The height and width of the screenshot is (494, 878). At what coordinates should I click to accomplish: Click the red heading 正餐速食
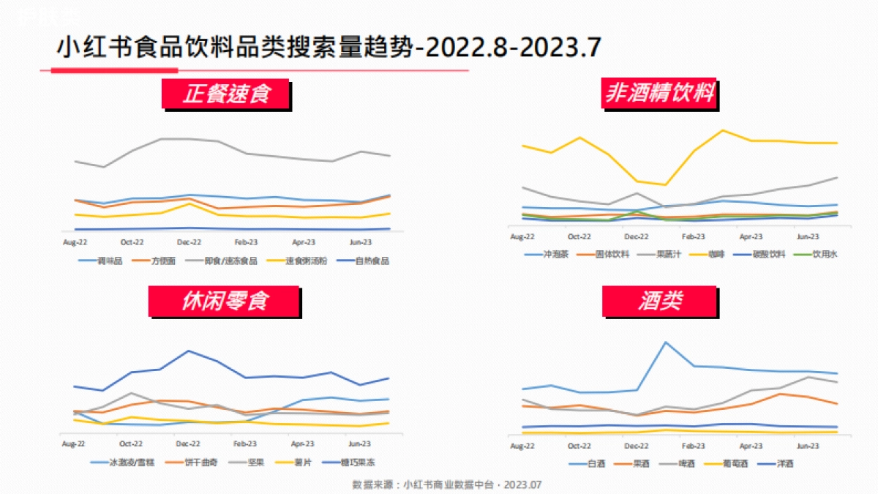coord(227,94)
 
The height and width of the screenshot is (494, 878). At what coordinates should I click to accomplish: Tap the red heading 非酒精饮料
coord(659,94)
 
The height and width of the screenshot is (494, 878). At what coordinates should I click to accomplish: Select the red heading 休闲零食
coord(225,302)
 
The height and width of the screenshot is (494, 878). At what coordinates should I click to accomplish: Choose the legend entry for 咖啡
coord(710,255)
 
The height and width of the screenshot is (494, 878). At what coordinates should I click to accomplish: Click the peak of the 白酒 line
coord(666,342)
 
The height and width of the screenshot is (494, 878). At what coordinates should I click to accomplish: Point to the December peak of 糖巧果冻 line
coord(189,351)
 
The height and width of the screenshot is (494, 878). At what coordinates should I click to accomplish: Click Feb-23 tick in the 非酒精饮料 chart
coord(693,237)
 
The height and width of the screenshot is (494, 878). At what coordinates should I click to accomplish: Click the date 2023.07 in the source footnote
coord(522,484)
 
